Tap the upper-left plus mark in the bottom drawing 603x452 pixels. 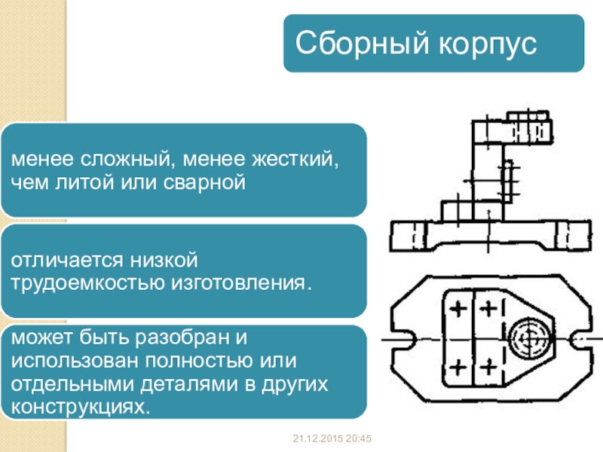pyautogui.click(x=458, y=309)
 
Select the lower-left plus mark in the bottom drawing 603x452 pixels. pyautogui.click(x=458, y=367)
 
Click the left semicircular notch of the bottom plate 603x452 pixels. pyautogui.click(x=404, y=339)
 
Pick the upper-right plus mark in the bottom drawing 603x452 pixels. pyautogui.click(x=490, y=309)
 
